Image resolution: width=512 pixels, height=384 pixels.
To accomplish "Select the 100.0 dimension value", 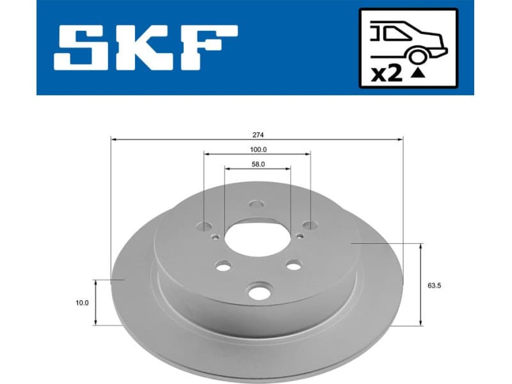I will pyautogui.click(x=257, y=149).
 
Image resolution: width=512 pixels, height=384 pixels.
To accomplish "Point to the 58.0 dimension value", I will pyautogui.click(x=258, y=164).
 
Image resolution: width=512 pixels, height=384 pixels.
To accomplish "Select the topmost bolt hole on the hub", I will pyautogui.click(x=257, y=205).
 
